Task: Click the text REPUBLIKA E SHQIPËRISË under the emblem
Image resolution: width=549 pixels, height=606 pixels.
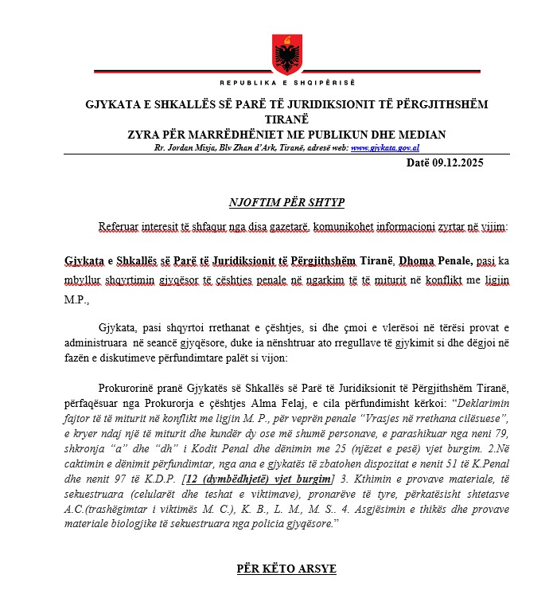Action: [286, 83]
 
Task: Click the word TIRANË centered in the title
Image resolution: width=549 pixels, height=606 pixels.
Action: [286, 119]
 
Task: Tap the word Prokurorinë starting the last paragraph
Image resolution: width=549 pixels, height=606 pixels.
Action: [130, 388]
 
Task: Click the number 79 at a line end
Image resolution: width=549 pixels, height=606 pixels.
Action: [501, 433]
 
